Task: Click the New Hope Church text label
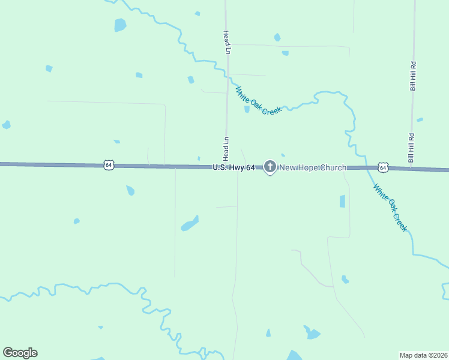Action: pos(313,167)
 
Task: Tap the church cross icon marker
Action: pos(270,166)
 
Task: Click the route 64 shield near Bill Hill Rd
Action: pos(383,167)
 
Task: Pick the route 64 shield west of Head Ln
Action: pos(108,164)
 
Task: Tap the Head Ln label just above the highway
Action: pos(226,149)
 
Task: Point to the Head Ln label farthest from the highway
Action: pos(227,42)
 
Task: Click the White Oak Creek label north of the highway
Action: pos(258,101)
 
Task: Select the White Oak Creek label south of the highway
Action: pos(390,208)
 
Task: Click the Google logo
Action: pos(20,353)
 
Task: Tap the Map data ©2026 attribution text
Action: pos(423,355)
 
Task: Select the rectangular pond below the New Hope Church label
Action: pos(342,201)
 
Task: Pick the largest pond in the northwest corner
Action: pos(120,25)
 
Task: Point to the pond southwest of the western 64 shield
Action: pos(130,190)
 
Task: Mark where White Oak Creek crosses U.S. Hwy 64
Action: pos(363,169)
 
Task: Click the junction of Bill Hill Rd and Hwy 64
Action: pos(412,169)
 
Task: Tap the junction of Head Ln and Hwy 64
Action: pos(226,167)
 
